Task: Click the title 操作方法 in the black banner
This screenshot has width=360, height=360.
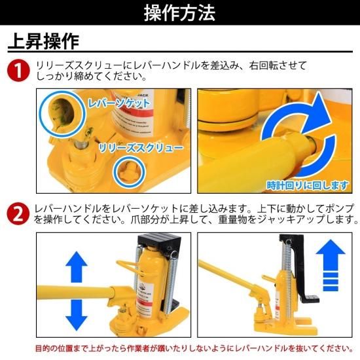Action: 179,13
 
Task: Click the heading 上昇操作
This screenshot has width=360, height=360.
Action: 44,41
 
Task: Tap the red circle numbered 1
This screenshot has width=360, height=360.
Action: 18,71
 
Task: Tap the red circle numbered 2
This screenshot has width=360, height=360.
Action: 18,214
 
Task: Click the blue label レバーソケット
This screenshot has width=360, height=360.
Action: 119,103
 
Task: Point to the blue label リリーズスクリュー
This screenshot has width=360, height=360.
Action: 141,148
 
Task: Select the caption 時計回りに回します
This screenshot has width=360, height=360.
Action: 307,185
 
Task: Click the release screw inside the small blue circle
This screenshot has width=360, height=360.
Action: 129,171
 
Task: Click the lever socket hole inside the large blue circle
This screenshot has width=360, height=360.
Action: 63,113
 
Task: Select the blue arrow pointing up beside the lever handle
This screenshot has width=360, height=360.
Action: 77,267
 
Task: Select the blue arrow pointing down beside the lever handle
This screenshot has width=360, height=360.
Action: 77,315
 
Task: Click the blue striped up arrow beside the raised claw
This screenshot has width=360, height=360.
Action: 331,265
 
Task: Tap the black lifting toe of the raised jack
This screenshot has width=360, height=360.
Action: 310,299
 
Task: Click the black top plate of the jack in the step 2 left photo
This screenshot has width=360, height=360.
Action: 159,241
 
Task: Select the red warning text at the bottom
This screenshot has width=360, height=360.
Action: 194,348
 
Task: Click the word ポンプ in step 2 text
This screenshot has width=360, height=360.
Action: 339,209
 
